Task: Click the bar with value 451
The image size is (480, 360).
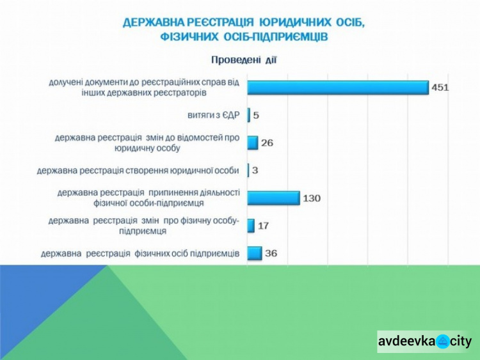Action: [x=338, y=88]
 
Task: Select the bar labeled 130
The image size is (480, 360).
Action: [x=273, y=198]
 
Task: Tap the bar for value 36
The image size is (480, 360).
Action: [x=255, y=253]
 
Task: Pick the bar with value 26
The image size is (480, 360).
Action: [x=253, y=143]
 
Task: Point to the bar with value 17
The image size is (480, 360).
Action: [x=251, y=226]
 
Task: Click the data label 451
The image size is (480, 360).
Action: [x=440, y=88]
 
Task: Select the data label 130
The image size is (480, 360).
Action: [x=312, y=198]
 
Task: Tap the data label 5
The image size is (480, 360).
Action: [x=256, y=116]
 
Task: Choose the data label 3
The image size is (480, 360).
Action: [x=255, y=171]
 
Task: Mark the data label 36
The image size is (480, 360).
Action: [x=271, y=253]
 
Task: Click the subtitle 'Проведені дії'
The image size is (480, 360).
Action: [x=244, y=60]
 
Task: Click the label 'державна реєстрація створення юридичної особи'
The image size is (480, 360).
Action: [x=138, y=171]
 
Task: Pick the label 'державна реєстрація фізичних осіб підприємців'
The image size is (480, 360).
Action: [x=140, y=254]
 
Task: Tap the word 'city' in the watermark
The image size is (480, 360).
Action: [x=460, y=341]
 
